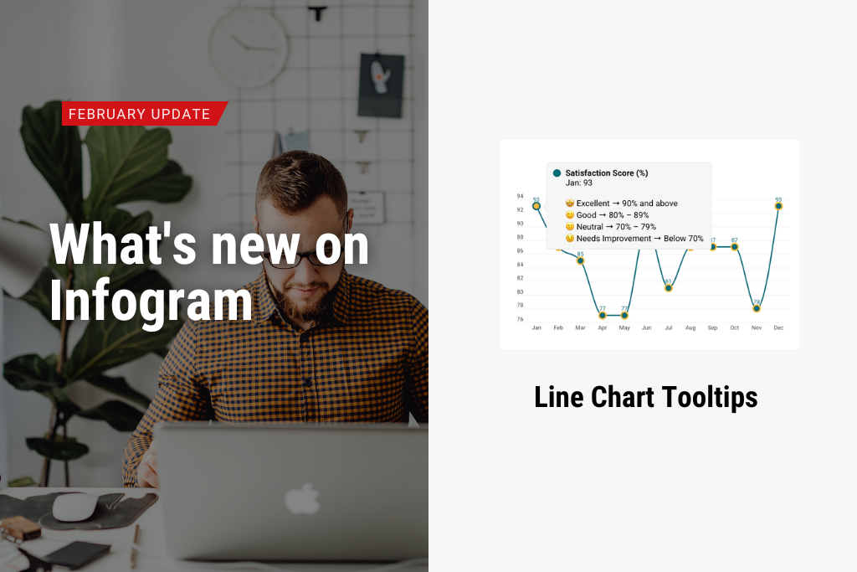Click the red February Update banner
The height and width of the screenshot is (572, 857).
point(142,114)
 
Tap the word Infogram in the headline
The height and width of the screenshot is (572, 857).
point(151,301)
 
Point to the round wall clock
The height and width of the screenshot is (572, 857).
point(249,49)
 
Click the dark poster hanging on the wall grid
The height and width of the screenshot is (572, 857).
point(381,85)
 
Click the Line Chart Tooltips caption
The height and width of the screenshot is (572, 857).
point(645,397)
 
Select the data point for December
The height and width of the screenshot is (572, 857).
point(778,205)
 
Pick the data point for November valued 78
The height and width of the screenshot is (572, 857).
point(757,308)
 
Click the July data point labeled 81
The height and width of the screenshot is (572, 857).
point(668,287)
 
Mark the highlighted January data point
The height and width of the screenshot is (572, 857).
point(536,205)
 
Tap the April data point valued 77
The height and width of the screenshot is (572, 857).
point(603,315)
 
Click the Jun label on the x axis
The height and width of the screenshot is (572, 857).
point(646,328)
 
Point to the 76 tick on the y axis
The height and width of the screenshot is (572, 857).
point(520,319)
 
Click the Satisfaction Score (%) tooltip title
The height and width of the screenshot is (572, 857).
point(607,173)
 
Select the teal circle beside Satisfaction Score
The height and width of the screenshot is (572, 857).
point(557,173)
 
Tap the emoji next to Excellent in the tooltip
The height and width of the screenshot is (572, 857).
point(570,204)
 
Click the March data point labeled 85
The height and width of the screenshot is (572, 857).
point(580,260)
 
